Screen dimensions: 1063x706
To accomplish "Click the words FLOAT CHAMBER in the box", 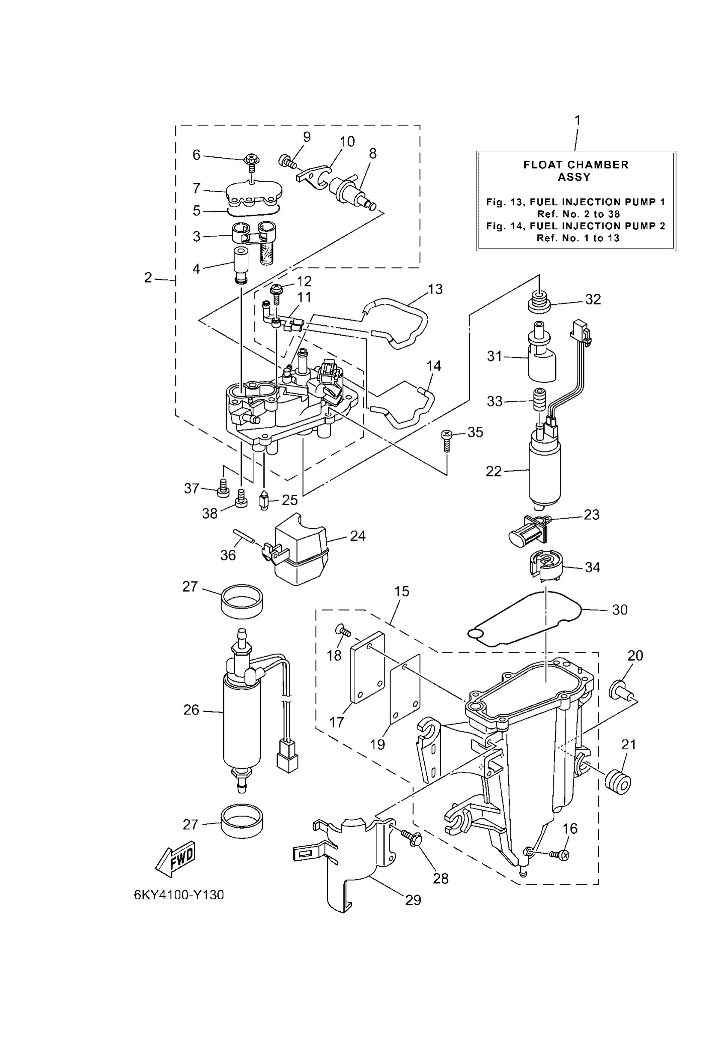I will click(x=575, y=165).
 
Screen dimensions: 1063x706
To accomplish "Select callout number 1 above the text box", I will click(x=577, y=121).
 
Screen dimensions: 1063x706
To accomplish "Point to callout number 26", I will click(x=191, y=710).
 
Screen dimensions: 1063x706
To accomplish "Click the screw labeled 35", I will click(x=446, y=439).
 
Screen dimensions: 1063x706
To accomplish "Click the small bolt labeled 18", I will click(x=343, y=630).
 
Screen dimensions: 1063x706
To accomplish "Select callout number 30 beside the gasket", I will click(x=620, y=610).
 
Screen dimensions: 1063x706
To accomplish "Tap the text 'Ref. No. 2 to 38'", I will click(x=578, y=214).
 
